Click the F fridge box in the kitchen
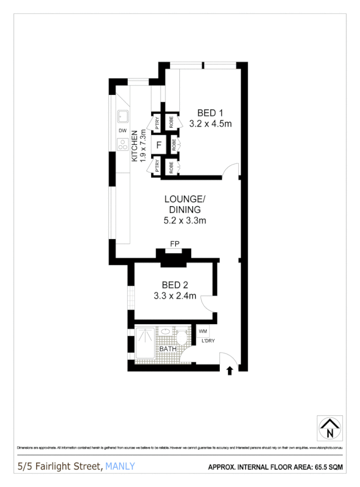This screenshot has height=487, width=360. pyautogui.click(x=159, y=145)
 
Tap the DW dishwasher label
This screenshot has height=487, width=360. pyautogui.click(x=122, y=131)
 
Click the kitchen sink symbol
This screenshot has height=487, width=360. pyautogui.click(x=122, y=116)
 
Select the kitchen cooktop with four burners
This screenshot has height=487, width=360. pyautogui.click(x=122, y=145)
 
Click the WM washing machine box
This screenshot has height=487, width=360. pyautogui.click(x=203, y=331)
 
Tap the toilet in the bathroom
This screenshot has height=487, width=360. pyautogui.click(x=181, y=335)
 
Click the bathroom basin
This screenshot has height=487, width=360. pyautogui.click(x=165, y=331)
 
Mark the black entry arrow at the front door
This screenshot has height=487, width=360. pyautogui.click(x=229, y=371)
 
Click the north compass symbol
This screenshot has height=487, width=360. pyautogui.click(x=329, y=428)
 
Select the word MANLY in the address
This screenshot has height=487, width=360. pyautogui.click(x=120, y=467)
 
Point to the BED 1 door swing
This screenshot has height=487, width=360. pyautogui.click(x=231, y=171)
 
